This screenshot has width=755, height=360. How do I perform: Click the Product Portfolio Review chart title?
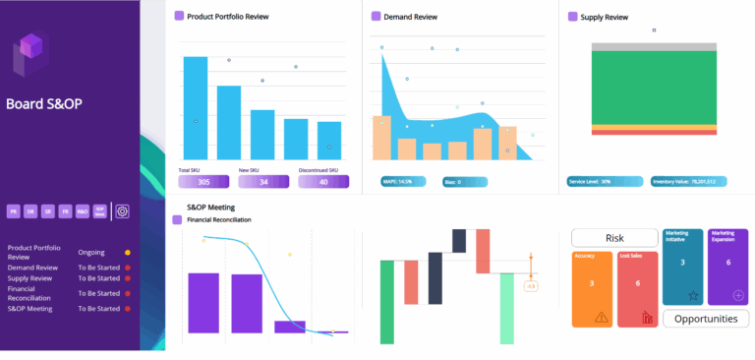click(x=227, y=17)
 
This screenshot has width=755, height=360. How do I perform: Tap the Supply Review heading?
click(x=605, y=17)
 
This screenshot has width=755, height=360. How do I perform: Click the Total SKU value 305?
click(x=203, y=182)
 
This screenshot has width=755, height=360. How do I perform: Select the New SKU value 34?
click(x=263, y=182)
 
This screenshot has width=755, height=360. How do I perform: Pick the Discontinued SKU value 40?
click(x=324, y=182)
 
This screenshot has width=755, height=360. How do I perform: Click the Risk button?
click(x=614, y=238)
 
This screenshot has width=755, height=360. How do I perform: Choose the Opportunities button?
click(x=706, y=319)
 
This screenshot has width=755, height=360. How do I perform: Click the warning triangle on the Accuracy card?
click(x=602, y=317)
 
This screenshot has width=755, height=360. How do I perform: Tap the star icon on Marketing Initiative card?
click(x=692, y=295)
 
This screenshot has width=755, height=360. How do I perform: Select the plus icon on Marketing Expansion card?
click(x=738, y=295)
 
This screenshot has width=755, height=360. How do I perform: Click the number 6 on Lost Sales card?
click(x=637, y=283)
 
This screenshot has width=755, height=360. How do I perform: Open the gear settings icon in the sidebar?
click(x=123, y=210)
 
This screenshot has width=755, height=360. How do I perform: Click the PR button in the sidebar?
click(x=14, y=210)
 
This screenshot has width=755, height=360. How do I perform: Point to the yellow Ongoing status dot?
click(x=128, y=253)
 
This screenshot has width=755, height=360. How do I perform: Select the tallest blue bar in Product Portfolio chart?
click(x=196, y=108)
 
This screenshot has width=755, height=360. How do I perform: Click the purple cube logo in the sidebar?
click(x=31, y=54)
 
